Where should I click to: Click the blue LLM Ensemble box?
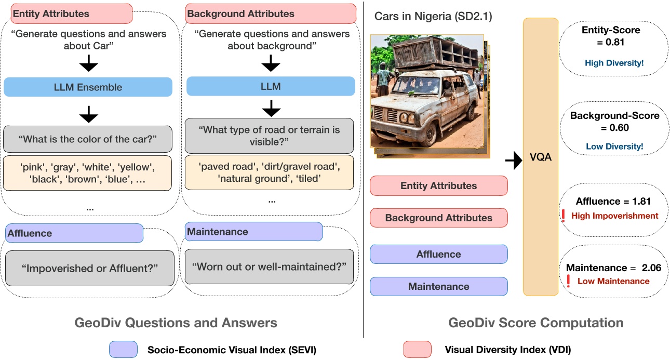pyautogui.click(x=88, y=87)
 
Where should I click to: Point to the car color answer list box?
pyautogui.click(x=88, y=173)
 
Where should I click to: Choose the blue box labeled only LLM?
pyautogui.click(x=270, y=86)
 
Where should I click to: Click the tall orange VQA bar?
pyautogui.click(x=540, y=156)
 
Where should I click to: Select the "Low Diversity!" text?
pyautogui.click(x=614, y=146)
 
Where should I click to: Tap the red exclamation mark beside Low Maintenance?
pyautogui.click(x=568, y=281)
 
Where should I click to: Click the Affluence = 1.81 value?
pyautogui.click(x=613, y=201)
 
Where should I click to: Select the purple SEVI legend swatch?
pyautogui.click(x=123, y=350)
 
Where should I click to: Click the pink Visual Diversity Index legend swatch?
pyautogui.click(x=418, y=350)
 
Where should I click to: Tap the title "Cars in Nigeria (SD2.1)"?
pyautogui.click(x=433, y=17)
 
